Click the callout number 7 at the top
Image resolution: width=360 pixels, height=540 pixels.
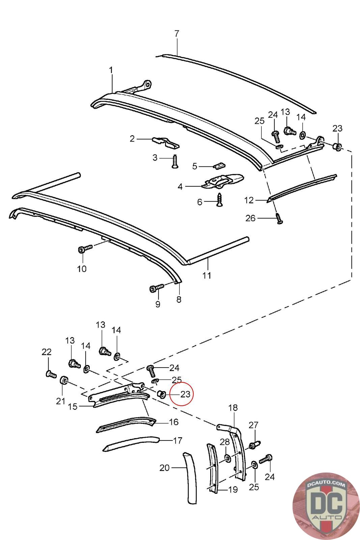pos(177,34)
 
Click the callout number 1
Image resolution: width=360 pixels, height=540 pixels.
pos(111,70)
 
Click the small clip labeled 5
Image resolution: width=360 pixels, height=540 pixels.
pos(219,166)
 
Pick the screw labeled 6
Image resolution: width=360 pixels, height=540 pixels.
pos(220,199)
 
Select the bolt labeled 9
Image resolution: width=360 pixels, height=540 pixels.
pos(157,288)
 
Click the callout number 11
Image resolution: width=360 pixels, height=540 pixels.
pos(207,275)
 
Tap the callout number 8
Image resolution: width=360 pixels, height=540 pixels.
pos(178,299)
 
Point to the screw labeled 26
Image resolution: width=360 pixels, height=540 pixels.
pos(279,217)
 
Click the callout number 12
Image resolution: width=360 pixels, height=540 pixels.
pos(249,200)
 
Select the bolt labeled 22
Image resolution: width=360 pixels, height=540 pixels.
pos(51,374)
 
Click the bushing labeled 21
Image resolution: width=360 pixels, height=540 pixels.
pos(64,381)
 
